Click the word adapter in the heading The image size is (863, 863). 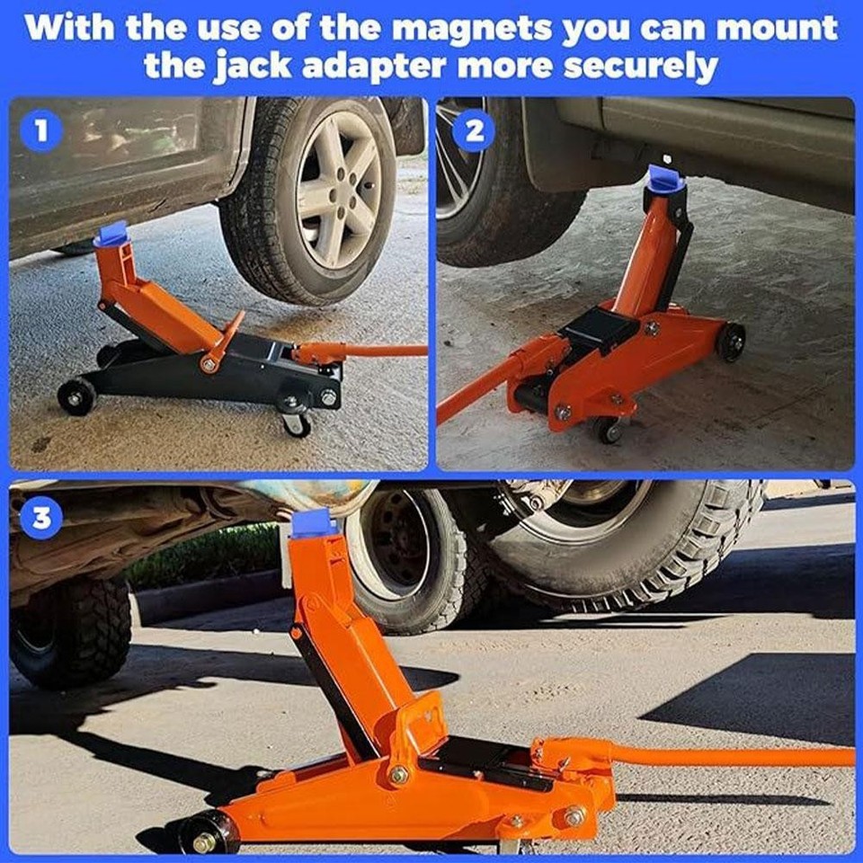tap(343, 66)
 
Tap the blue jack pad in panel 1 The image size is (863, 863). tap(112, 235)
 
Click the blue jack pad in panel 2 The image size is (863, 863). tap(666, 179)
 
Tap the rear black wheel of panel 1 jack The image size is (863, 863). tap(76, 396)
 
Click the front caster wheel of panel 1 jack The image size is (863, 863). tap(297, 423)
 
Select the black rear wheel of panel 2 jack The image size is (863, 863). tap(730, 343)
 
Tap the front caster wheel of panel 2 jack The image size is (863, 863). tap(607, 430)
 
